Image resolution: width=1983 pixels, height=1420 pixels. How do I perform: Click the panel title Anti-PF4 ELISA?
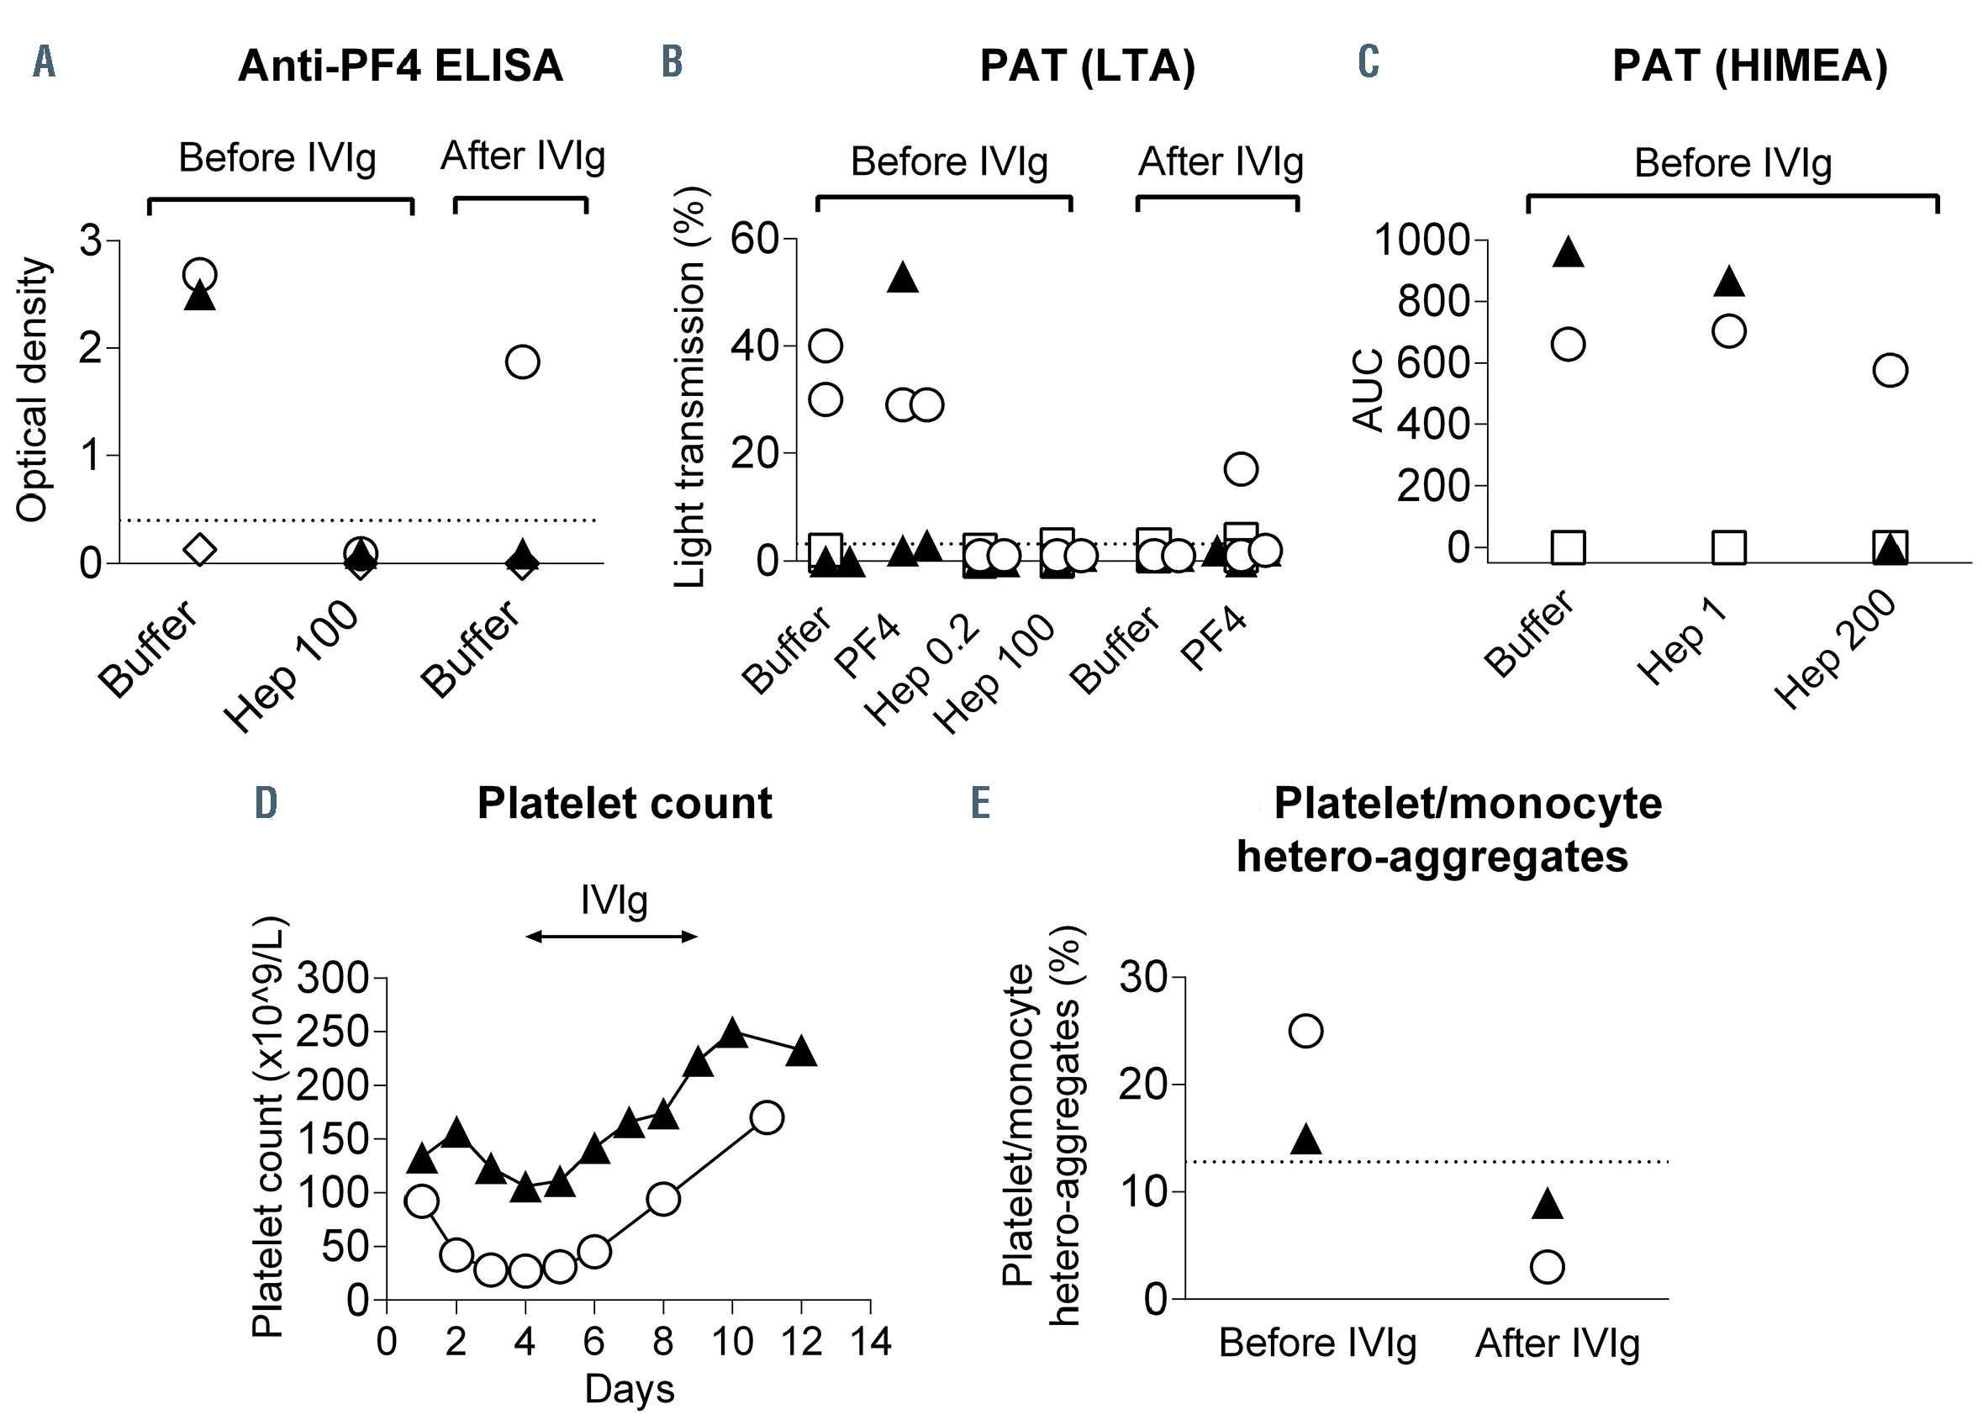(399, 66)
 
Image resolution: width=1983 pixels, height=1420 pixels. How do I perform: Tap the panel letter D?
(266, 802)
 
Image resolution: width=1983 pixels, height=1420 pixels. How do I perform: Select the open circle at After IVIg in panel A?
(522, 362)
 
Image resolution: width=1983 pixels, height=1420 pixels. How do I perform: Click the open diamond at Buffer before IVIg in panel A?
(199, 549)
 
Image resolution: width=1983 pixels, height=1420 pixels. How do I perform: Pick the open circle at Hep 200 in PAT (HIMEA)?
(1890, 370)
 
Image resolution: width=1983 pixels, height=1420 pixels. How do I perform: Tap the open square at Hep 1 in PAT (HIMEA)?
(1728, 547)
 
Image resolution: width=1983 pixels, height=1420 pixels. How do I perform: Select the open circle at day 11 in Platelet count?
(766, 1117)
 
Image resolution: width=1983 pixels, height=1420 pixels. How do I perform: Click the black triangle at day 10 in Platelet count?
(732, 1033)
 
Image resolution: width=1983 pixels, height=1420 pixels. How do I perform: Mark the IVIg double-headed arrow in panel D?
(612, 937)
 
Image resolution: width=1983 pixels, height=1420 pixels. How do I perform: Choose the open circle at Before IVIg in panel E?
(1305, 1031)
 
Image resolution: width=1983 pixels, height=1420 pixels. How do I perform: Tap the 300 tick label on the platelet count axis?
(333, 978)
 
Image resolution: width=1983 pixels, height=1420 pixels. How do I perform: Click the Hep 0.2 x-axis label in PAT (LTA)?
(923, 676)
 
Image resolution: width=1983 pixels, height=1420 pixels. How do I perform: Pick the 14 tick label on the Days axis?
(870, 1341)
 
